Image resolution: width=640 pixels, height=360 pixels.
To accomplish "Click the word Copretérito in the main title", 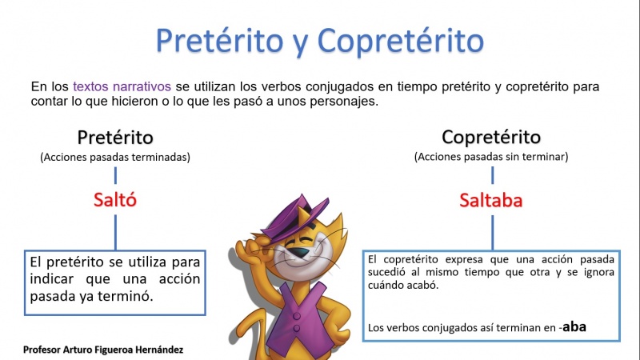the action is (x=401, y=41).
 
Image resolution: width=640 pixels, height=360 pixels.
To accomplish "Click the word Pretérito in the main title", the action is (x=219, y=41).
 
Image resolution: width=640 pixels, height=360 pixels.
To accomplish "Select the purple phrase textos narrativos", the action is (x=122, y=86).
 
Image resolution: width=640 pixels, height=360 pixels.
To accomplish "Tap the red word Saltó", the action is (x=115, y=199).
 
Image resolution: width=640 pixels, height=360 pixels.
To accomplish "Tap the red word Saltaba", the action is (x=491, y=200).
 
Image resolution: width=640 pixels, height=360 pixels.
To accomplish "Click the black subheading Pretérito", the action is (x=115, y=137).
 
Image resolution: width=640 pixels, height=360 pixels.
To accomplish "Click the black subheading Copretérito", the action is (x=491, y=137).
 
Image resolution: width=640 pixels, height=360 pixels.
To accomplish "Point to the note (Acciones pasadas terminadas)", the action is (x=115, y=157).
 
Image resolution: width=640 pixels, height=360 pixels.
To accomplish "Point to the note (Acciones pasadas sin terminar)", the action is (x=491, y=157).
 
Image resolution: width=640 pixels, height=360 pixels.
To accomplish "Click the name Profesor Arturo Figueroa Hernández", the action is (x=103, y=350).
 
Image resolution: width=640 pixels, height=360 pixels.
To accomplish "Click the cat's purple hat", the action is (x=294, y=216).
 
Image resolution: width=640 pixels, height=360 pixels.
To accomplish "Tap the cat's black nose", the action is (x=301, y=252).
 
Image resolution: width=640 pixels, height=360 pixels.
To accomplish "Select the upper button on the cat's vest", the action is (x=297, y=315).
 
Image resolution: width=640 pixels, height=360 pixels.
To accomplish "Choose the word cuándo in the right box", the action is (x=385, y=285).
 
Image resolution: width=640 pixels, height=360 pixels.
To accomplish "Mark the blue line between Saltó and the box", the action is (x=115, y=232).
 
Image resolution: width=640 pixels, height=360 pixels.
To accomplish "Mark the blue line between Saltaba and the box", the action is (x=492, y=232).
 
